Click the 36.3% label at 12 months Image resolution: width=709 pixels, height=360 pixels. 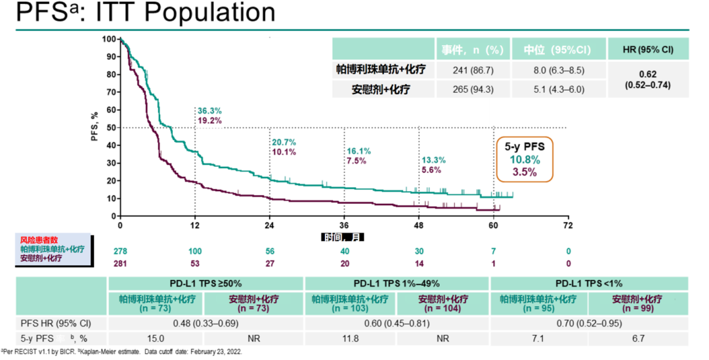point(209,110)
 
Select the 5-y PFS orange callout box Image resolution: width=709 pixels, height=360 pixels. point(525,158)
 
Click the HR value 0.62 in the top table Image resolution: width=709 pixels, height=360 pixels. point(649,75)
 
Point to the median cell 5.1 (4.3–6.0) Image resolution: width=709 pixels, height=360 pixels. point(563,89)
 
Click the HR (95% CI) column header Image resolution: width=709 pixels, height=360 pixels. point(649,50)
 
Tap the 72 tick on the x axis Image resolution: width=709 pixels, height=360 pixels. point(568,225)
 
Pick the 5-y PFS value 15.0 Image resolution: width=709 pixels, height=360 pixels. point(156,338)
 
